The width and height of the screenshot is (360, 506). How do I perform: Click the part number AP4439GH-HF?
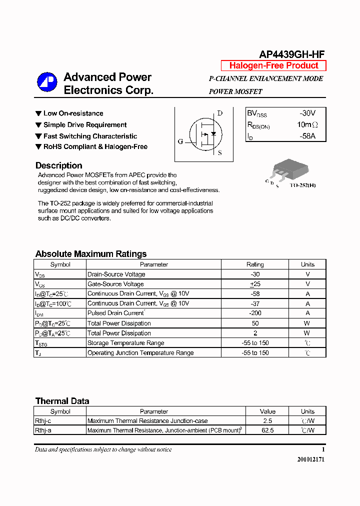pyautogui.click(x=292, y=54)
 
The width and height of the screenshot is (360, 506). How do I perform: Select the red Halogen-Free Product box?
pyautogui.click(x=273, y=66)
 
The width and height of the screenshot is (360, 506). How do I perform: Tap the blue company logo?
pyautogui.click(x=47, y=82)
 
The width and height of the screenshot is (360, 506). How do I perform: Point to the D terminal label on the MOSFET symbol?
pyautogui.click(x=219, y=113)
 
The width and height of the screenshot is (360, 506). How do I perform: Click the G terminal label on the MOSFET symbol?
pyautogui.click(x=180, y=141)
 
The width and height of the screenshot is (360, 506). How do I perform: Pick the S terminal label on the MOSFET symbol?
pyautogui.click(x=220, y=153)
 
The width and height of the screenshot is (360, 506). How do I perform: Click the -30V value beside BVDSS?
pyautogui.click(x=307, y=113)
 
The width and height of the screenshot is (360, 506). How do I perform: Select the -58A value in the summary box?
pyautogui.click(x=307, y=136)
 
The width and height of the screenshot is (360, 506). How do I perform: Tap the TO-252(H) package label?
pyautogui.click(x=302, y=185)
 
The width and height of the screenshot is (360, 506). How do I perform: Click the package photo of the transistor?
pyautogui.click(x=286, y=168)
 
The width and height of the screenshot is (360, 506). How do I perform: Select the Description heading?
pyautogui.click(x=58, y=165)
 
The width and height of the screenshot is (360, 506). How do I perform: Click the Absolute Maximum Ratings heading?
pyautogui.click(x=91, y=254)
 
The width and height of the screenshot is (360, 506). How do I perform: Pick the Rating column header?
pyautogui.click(x=255, y=264)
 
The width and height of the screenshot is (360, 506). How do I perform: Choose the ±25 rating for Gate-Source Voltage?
pyautogui.click(x=255, y=284)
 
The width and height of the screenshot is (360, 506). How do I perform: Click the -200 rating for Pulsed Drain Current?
pyautogui.click(x=255, y=313)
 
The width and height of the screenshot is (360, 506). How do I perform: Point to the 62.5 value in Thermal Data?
pyautogui.click(x=267, y=430)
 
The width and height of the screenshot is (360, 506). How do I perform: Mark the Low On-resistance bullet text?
pyautogui.click(x=73, y=113)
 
